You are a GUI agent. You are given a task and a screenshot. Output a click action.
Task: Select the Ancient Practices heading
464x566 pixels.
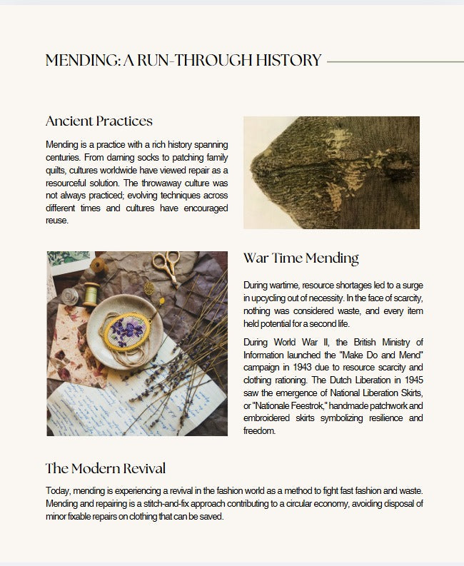99,121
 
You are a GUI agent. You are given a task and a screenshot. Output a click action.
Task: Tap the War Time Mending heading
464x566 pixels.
301,258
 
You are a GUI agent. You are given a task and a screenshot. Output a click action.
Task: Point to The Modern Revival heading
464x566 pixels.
105,469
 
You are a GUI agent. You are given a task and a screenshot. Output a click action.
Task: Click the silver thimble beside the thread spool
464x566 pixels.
69,295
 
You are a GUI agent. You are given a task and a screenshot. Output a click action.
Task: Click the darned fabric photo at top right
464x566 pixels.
331,173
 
